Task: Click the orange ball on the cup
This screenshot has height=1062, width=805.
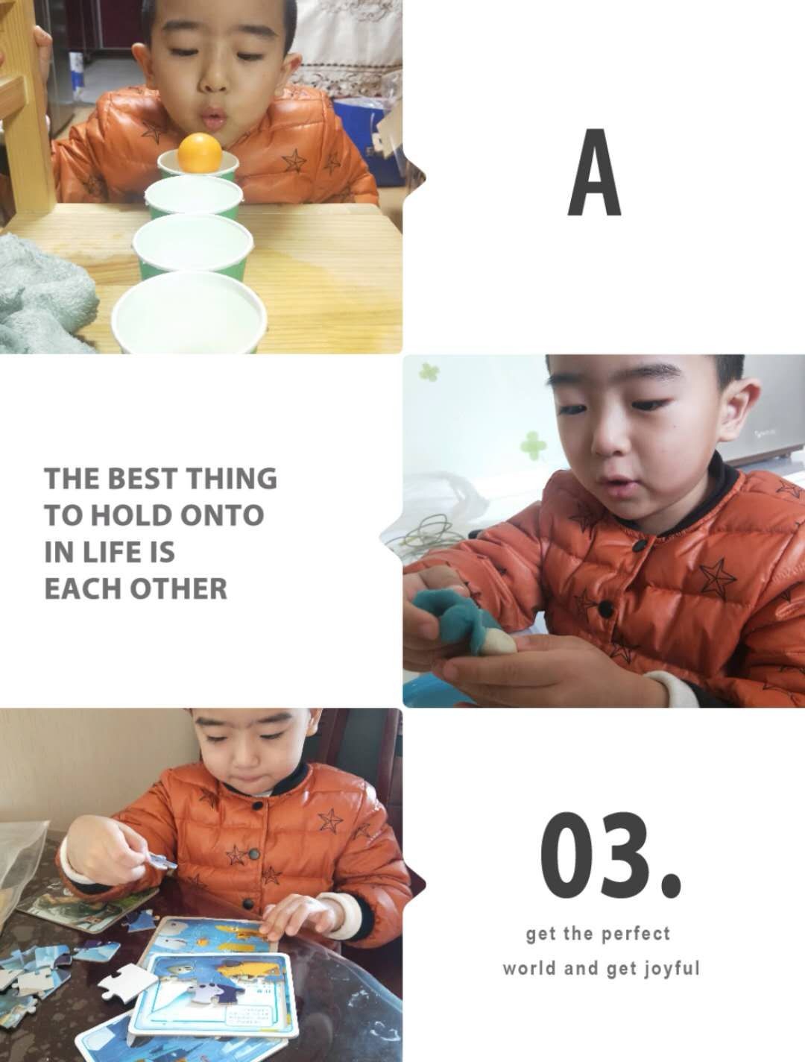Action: point(200,151)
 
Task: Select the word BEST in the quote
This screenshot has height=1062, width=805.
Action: point(141,478)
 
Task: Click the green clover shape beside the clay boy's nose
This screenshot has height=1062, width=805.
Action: point(532,443)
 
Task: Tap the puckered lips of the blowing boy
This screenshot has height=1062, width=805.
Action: point(212,117)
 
